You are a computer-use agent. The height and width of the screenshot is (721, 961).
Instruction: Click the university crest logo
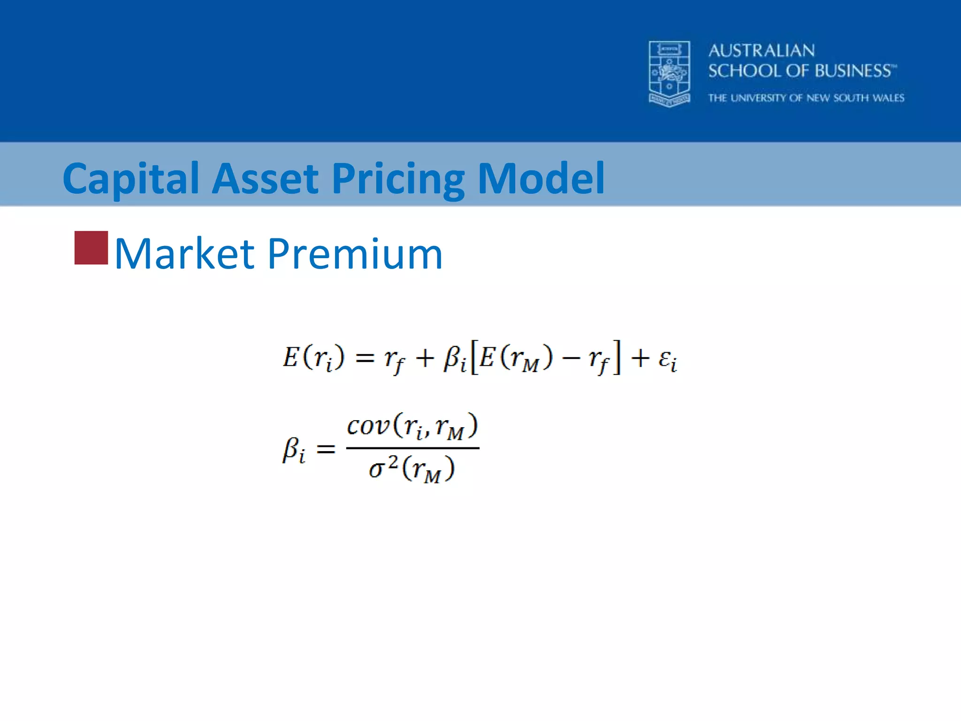(x=669, y=74)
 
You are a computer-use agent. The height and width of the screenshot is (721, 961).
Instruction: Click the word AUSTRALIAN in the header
(x=761, y=51)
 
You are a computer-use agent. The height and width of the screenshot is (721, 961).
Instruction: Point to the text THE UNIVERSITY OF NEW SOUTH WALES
(x=806, y=98)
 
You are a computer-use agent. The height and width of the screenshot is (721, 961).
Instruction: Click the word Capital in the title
(x=131, y=179)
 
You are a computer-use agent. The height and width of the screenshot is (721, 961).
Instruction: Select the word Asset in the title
(x=265, y=178)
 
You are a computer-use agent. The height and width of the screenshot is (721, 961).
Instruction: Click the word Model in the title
(x=541, y=178)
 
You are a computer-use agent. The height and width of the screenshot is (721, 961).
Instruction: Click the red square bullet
(x=91, y=248)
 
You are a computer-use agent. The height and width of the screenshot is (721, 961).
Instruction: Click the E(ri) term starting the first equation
(x=313, y=358)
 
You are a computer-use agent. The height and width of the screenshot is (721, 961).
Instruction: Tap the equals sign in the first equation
(x=365, y=359)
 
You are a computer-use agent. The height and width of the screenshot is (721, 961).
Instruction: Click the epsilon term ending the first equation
(x=667, y=360)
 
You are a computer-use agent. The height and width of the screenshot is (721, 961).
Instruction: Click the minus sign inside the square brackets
(x=571, y=359)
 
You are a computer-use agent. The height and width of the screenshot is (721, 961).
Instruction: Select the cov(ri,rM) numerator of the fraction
(x=412, y=426)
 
